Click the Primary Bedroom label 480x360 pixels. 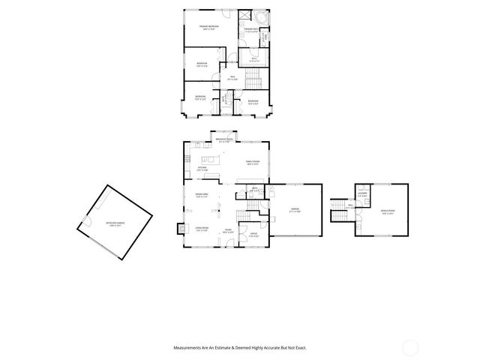(x=208, y=28)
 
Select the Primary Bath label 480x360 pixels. (x=250, y=31)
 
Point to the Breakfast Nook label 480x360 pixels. (x=224, y=140)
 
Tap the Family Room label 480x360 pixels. (x=253, y=163)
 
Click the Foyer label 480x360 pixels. (x=227, y=231)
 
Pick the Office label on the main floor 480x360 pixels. (x=253, y=235)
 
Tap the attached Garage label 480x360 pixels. (x=295, y=211)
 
